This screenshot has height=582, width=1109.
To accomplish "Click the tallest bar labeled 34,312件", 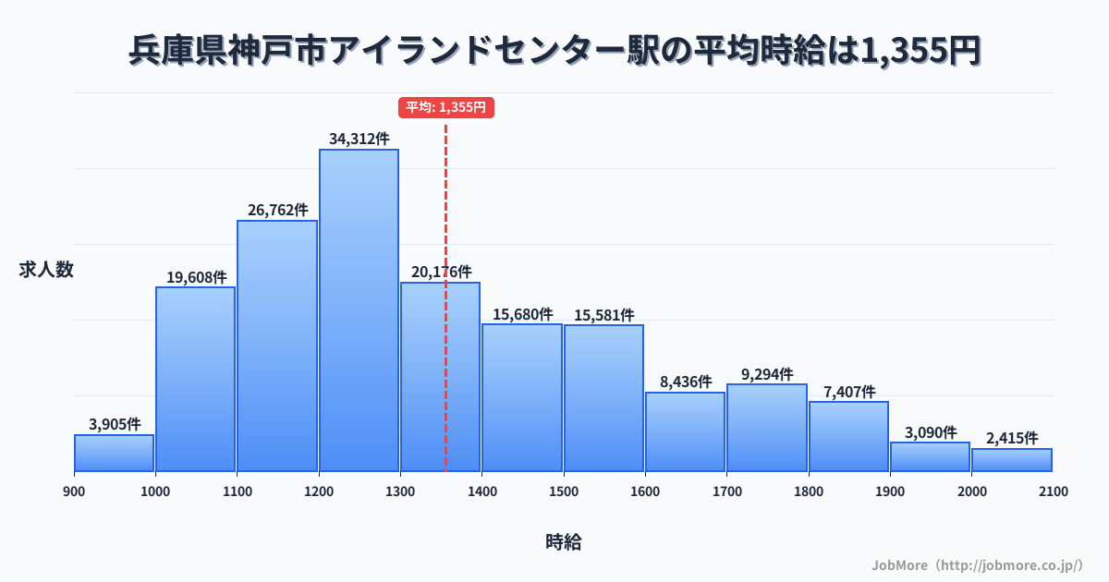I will pos(359,310).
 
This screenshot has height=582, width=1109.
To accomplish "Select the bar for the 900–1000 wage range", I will pos(114,453).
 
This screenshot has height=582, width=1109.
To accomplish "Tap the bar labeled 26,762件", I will pos(277,346).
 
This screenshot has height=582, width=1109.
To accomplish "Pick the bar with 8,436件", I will pos(685,431).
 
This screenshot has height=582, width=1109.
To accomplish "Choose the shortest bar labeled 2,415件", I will pos(1012,460).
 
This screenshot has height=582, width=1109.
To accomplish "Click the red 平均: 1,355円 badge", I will pos(446,107).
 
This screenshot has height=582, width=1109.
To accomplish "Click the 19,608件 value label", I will pos(196,277).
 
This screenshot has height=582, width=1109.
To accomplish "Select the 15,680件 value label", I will pos(522,314).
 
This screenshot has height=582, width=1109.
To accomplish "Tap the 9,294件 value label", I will pos(767,374).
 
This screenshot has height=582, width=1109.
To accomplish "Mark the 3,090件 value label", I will pos(930,432).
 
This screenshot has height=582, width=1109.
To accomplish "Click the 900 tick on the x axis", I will pos(74,491).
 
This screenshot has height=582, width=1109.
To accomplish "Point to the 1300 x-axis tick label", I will pos(400,491).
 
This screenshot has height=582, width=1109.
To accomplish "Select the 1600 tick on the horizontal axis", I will pos(645,491).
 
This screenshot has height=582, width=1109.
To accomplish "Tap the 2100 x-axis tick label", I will pos(1053,491).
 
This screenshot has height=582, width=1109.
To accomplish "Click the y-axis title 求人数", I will pos(46,270).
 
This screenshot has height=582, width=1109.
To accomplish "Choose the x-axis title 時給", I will pos(563,542).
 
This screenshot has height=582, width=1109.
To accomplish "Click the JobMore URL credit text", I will pos(977,564).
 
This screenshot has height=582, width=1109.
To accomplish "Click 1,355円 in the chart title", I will pos(919,52).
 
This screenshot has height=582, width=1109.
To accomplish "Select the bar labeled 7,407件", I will pos(848,436).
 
